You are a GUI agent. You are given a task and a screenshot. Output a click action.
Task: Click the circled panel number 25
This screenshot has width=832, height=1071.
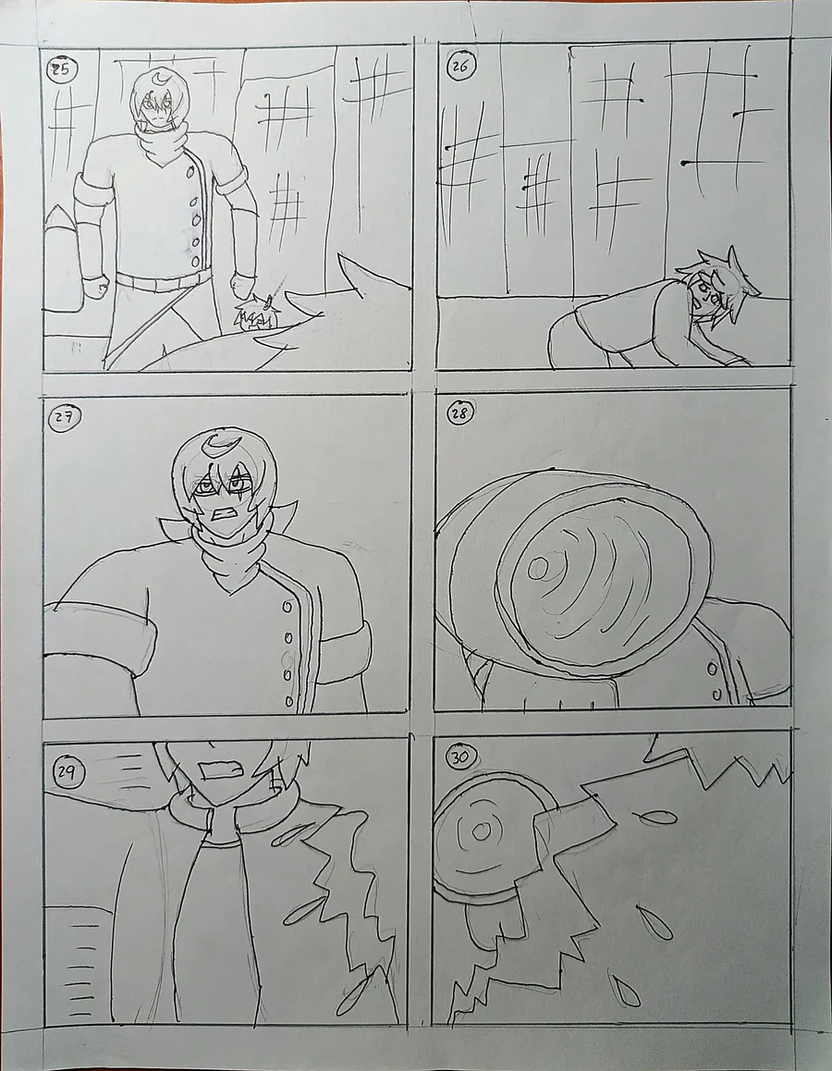point(61,69)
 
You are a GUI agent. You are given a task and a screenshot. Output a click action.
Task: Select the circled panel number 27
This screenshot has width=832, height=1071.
point(64,418)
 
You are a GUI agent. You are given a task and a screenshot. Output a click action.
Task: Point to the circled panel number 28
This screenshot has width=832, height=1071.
point(460,412)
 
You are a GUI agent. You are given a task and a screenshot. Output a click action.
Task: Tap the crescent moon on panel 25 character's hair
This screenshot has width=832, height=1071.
point(160,81)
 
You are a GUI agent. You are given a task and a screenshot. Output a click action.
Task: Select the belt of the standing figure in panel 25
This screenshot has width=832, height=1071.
point(164,279)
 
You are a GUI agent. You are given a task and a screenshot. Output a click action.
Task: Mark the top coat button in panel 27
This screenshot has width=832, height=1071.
point(288,607)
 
